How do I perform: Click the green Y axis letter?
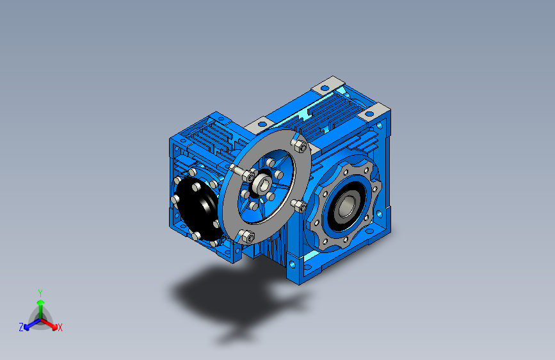tap(40, 292)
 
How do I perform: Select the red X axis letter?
tap(60, 328)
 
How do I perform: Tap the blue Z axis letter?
tap(21, 327)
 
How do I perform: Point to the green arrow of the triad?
tap(40, 304)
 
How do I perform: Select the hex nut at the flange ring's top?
tap(300, 145)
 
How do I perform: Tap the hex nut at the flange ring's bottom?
tap(248, 236)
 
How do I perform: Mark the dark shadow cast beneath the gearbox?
tap(224, 295)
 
